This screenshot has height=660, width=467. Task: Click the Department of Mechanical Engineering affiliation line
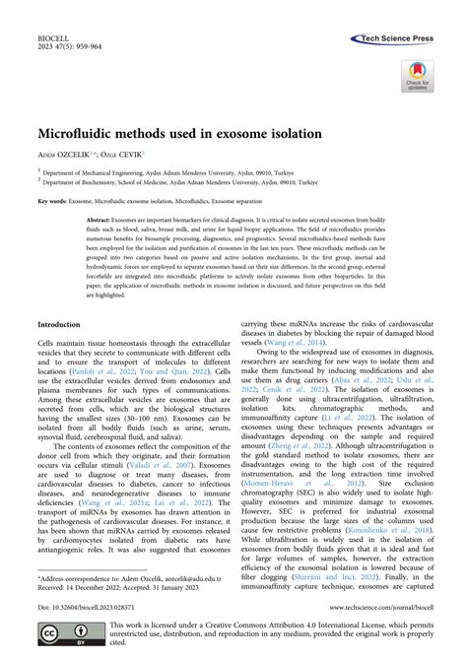[x=178, y=170]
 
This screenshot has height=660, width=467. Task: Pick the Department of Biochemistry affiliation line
[x=187, y=182]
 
